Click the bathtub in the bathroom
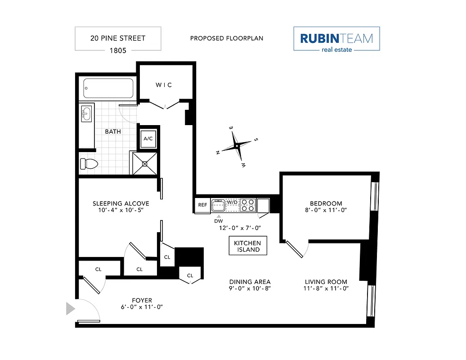(108, 89)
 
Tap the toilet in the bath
(89, 164)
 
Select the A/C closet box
(148, 139)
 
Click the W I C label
(164, 85)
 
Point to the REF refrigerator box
(202, 205)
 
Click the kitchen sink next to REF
(218, 205)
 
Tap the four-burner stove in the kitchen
(247, 205)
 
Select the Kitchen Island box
(247, 246)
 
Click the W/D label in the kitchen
(233, 202)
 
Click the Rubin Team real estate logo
(336, 40)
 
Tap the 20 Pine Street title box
(118, 38)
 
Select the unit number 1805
(118, 50)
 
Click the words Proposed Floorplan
(227, 38)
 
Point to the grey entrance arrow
(70, 309)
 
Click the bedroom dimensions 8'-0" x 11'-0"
(326, 210)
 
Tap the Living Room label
(326, 282)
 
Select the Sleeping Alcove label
(121, 203)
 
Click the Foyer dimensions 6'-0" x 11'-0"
(142, 307)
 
